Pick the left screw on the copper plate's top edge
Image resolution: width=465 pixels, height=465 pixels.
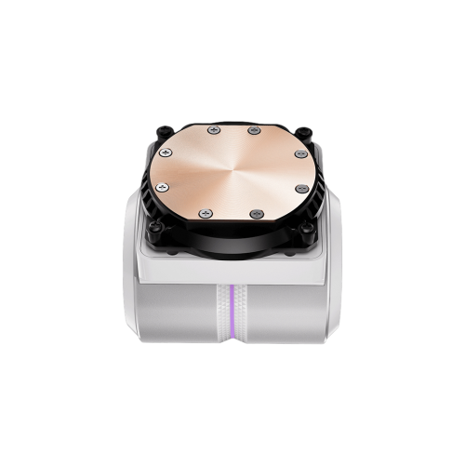(215, 130)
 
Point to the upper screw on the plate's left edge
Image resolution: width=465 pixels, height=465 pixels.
(166, 153)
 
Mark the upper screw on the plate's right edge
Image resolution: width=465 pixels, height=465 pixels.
(299, 153)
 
